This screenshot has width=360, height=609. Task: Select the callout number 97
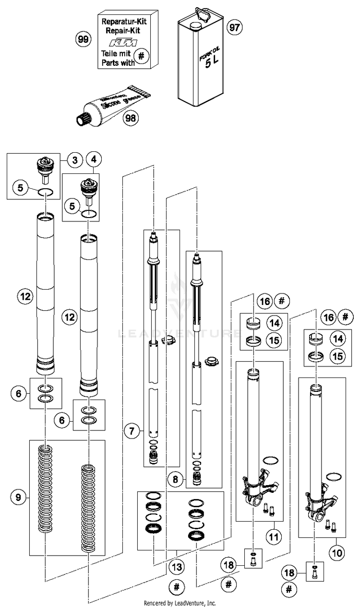pyautogui.click(x=233, y=27)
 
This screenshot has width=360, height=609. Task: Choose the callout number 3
pyautogui.click(x=75, y=160)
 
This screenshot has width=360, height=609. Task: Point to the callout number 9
pyautogui.click(x=18, y=498)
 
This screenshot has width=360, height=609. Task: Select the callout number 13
pyautogui.click(x=177, y=567)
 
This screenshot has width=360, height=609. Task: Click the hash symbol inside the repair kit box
pyautogui.click(x=141, y=56)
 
